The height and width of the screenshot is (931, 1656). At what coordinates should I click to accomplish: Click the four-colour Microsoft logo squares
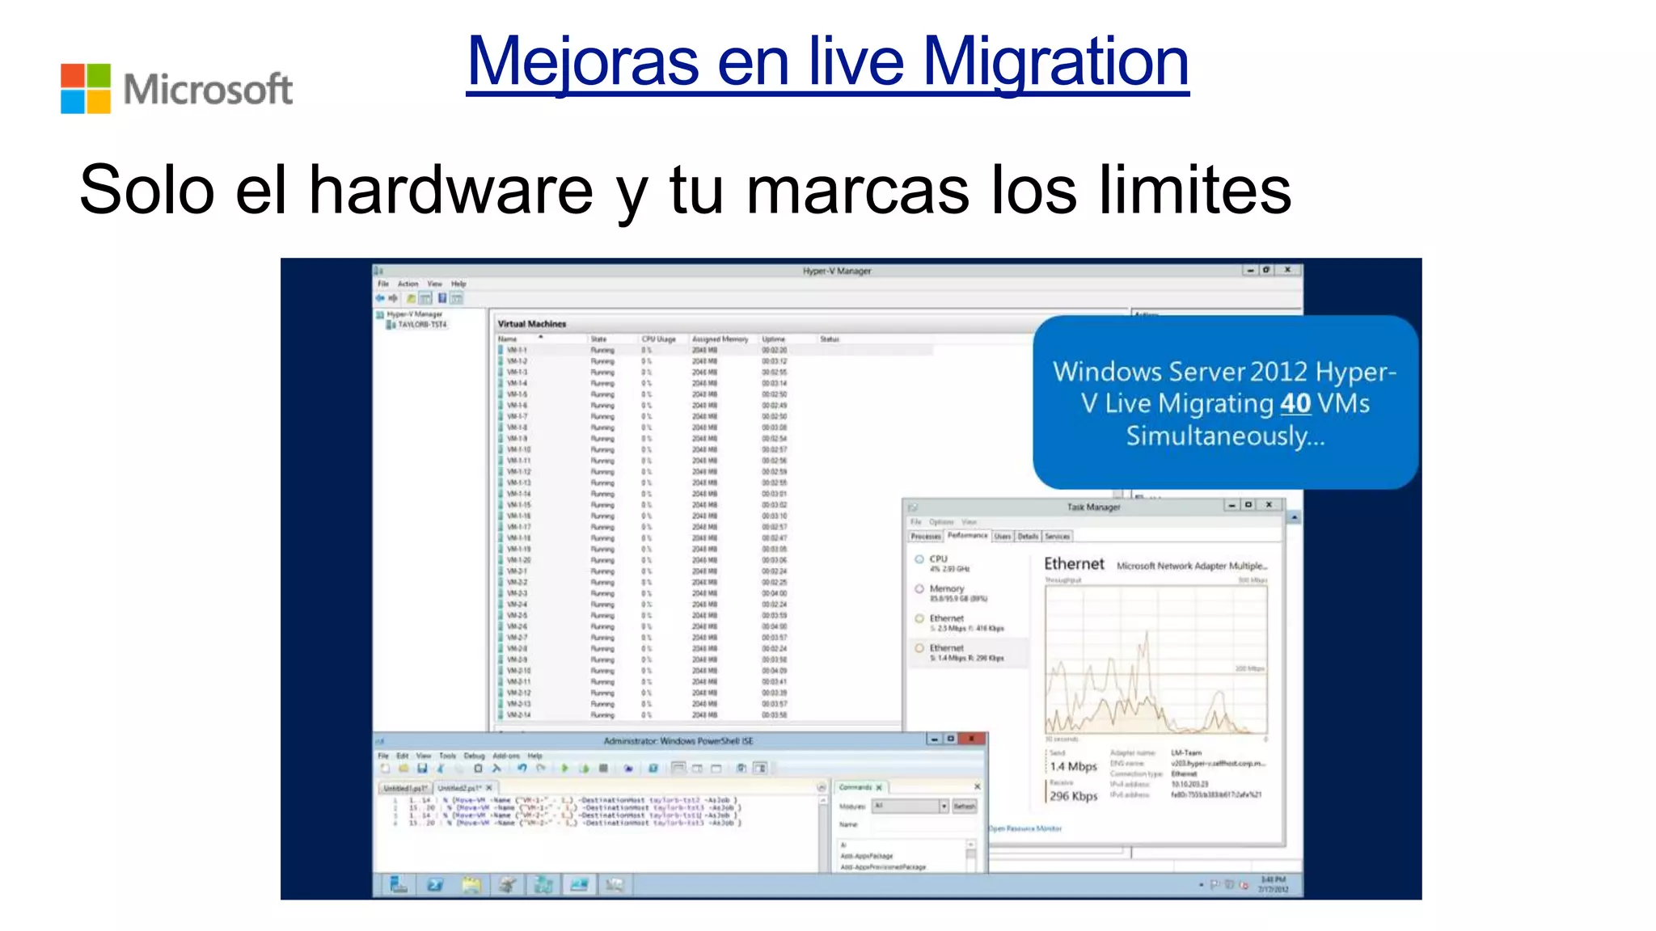pyautogui.click(x=86, y=88)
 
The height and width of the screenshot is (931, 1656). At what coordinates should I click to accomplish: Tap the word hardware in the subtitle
pyautogui.click(x=451, y=191)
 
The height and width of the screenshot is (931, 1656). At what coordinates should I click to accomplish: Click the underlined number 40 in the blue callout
pyautogui.click(x=1295, y=403)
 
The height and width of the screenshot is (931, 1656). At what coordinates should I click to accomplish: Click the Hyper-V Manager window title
pyautogui.click(x=837, y=271)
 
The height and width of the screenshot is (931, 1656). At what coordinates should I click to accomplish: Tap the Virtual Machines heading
pyautogui.click(x=532, y=324)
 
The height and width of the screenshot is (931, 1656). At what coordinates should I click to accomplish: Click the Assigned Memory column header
pyautogui.click(x=720, y=339)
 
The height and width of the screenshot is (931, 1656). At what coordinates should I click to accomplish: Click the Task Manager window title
pyautogui.click(x=1093, y=507)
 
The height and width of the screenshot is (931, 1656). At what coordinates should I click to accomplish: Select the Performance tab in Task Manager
pyautogui.click(x=967, y=536)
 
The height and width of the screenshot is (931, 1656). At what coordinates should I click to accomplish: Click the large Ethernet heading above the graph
pyautogui.click(x=1074, y=564)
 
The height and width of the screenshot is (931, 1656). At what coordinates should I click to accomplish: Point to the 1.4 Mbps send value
pyautogui.click(x=1073, y=766)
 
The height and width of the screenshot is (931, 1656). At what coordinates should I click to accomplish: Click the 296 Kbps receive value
pyautogui.click(x=1073, y=796)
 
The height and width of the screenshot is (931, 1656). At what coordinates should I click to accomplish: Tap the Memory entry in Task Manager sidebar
pyautogui.click(x=947, y=589)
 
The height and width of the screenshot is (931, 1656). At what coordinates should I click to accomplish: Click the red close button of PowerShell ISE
pyautogui.click(x=972, y=739)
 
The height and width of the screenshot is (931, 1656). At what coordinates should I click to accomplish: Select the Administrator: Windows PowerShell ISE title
pyautogui.click(x=678, y=740)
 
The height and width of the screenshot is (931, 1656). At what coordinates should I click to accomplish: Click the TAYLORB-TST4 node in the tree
pyautogui.click(x=421, y=325)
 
